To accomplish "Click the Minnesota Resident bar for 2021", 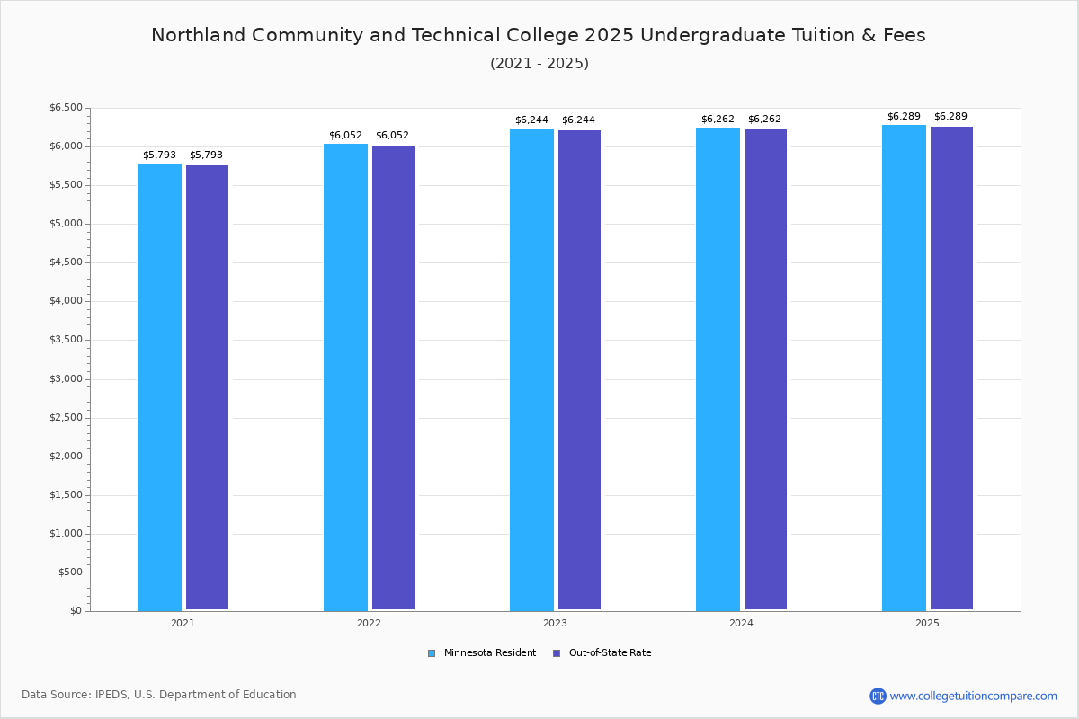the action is (x=159, y=387).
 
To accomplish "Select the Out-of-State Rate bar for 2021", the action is (x=207, y=387).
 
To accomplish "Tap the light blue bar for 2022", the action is (x=345, y=377).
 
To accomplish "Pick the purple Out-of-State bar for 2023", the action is (x=579, y=370).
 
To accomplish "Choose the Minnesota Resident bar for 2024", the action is (x=718, y=369).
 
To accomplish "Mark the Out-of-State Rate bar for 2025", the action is (x=952, y=368).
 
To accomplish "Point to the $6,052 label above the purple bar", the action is (x=392, y=136).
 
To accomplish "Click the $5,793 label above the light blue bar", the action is (x=159, y=155).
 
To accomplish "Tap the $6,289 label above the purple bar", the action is (x=950, y=116).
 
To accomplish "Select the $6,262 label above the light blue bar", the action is (x=718, y=119).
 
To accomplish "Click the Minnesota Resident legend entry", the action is (x=482, y=653).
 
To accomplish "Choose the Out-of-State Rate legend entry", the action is (x=602, y=653).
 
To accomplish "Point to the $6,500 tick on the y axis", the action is (x=66, y=107).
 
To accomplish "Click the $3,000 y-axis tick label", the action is (x=66, y=379).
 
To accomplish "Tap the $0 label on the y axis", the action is (x=76, y=611).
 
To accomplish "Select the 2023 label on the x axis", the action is (x=555, y=623).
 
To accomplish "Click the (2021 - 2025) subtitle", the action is (x=539, y=64).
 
